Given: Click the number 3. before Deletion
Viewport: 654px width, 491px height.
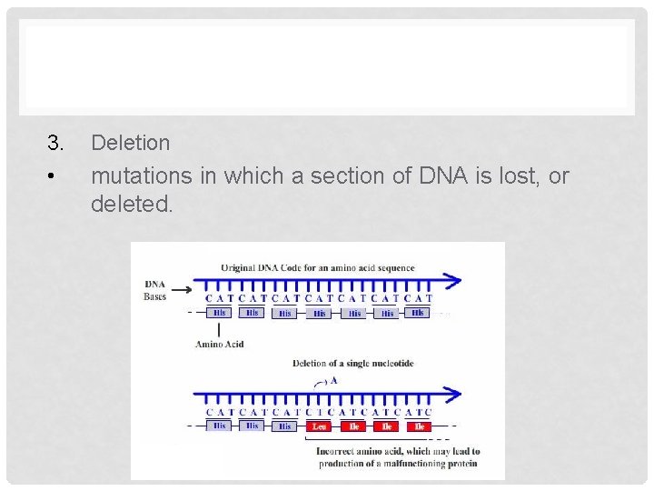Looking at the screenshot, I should point(56,143).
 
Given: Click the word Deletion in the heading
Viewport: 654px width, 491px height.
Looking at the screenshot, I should point(131,143).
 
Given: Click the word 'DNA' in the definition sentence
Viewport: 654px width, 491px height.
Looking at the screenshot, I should point(440,176).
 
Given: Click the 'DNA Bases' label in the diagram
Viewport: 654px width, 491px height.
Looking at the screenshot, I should point(154,290).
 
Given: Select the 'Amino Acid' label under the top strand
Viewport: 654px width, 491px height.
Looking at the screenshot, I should point(218,344).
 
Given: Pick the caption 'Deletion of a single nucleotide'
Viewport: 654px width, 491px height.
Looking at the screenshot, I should point(352,364).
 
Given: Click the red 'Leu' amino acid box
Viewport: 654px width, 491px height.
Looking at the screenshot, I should point(320,426).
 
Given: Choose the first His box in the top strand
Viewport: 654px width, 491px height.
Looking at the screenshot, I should point(219,313).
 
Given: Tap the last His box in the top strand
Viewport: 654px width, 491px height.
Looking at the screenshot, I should point(417,313).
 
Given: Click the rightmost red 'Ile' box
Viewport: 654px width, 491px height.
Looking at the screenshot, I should point(419,426).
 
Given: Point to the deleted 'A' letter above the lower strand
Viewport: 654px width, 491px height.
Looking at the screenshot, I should point(333,381).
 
